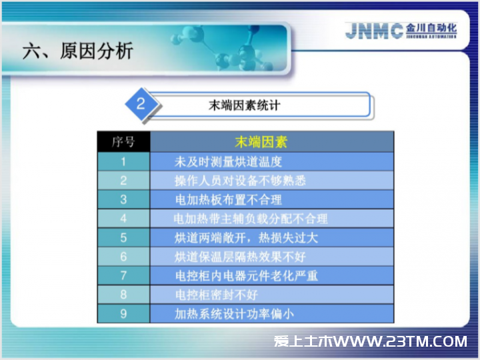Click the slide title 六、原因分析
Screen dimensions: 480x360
point(78,51)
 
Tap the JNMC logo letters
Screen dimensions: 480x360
point(374,31)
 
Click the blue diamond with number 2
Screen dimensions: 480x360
point(141,104)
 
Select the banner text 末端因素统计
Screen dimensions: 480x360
point(244,105)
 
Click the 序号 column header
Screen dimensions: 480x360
point(124,142)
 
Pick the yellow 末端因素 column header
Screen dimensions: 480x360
point(261,142)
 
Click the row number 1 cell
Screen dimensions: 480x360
point(124,161)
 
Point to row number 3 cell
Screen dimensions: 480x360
point(124,199)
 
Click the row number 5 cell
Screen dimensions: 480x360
point(124,237)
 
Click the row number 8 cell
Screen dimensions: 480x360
point(124,295)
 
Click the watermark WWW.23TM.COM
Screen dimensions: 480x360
point(401,341)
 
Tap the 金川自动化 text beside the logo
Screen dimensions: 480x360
point(431,28)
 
